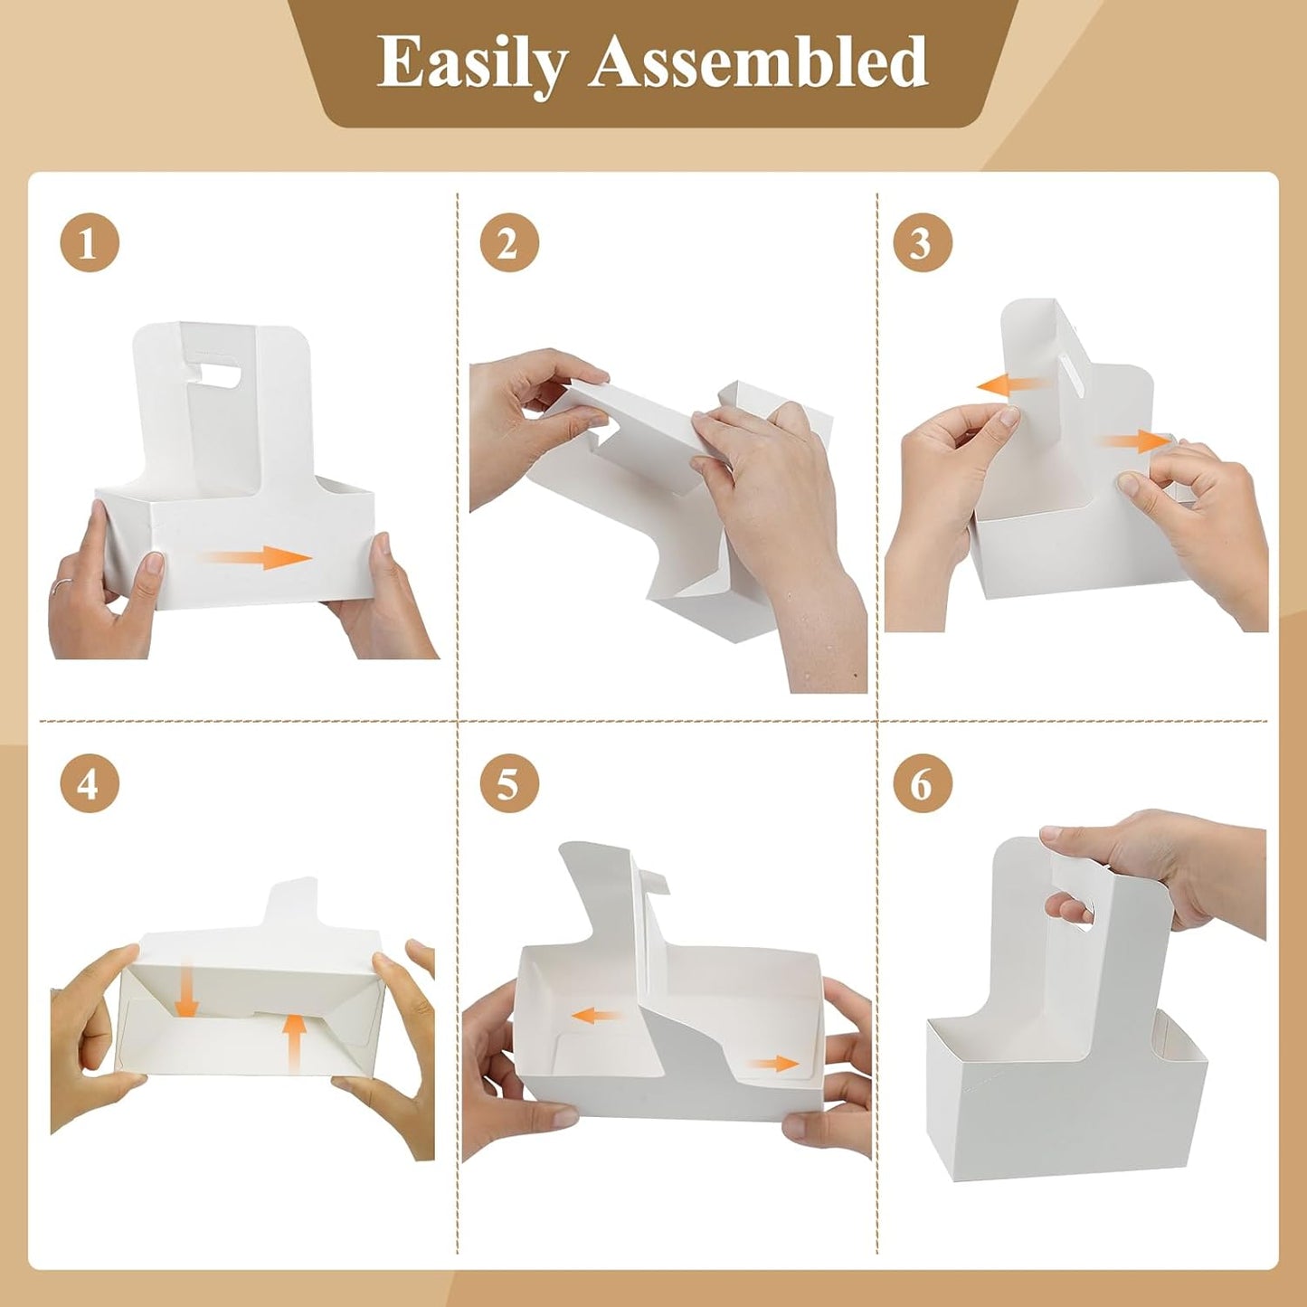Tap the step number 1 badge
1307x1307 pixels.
[89, 243]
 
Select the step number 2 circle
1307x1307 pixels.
[508, 243]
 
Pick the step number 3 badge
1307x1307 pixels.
[922, 243]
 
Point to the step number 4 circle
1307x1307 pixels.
[89, 783]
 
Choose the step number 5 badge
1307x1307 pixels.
[508, 783]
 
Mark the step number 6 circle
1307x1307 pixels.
[922, 783]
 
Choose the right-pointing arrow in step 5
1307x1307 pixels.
[773, 1064]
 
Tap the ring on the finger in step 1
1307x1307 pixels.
[57, 586]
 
